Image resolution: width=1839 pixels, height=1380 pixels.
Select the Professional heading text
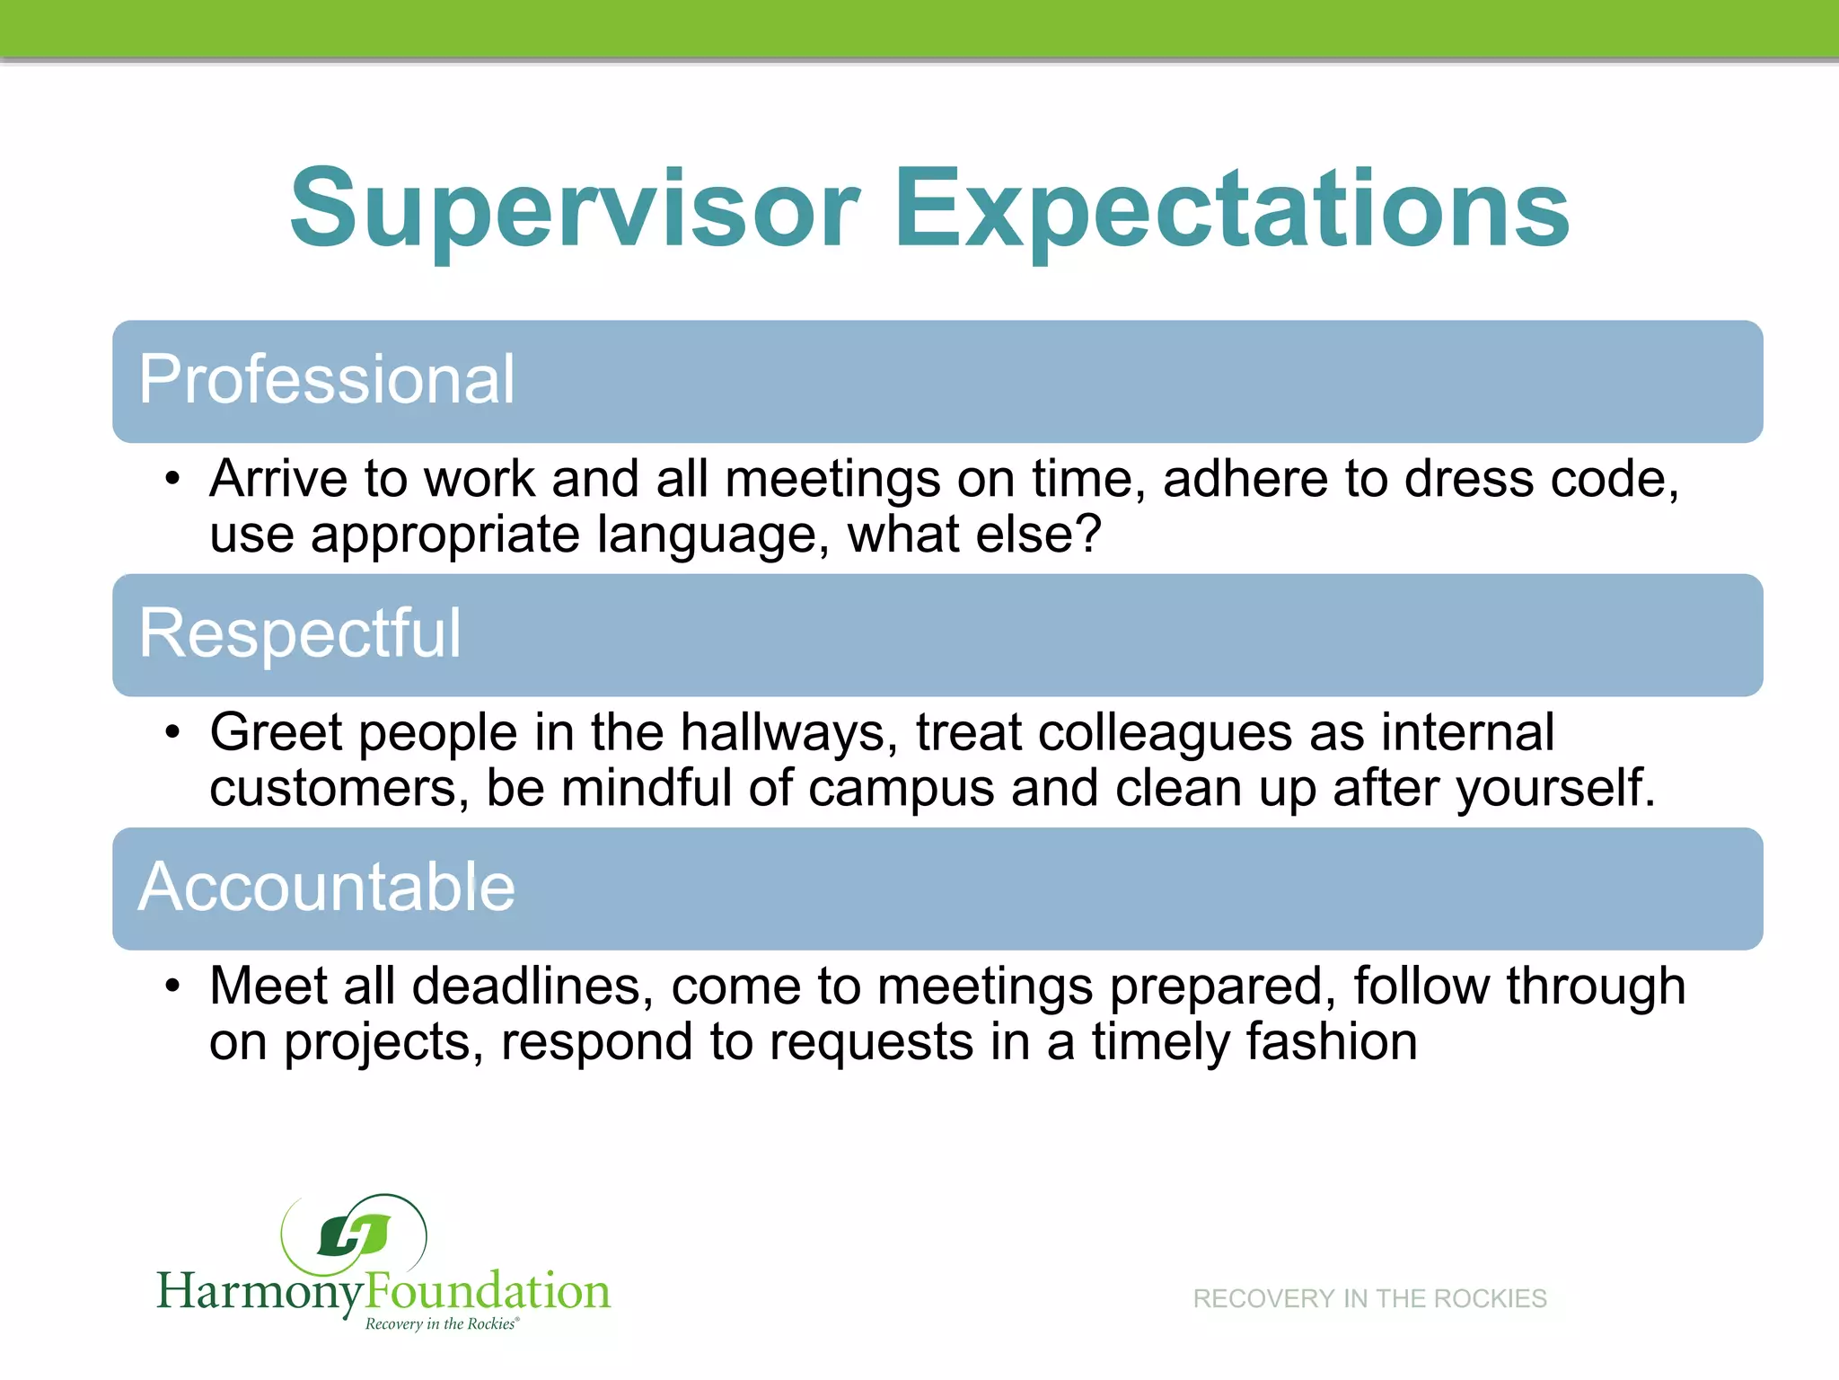tap(327, 381)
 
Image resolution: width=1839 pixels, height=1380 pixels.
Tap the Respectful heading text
tap(300, 634)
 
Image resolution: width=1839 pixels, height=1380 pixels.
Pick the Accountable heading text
tap(327, 888)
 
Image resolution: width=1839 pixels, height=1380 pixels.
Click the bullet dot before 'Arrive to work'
tap(173, 480)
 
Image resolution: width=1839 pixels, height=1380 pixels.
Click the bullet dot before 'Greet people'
tap(173, 733)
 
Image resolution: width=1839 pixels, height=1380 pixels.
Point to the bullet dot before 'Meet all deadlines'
tap(173, 986)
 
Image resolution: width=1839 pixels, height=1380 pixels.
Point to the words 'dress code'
tap(1541, 479)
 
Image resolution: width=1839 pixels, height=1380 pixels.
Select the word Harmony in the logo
tap(260, 1292)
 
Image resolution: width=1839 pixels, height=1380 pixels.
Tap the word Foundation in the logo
tap(488, 1292)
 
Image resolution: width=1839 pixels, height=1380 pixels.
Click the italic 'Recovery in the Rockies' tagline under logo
tap(442, 1324)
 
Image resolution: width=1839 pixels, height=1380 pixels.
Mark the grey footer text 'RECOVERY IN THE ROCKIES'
tap(1369, 1299)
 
